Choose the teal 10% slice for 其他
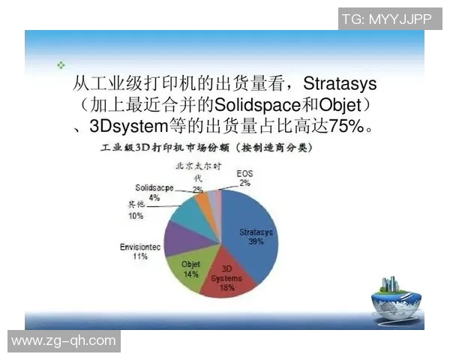point(187,211)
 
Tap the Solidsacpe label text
point(154,187)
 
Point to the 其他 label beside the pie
point(136,205)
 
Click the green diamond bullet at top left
point(61,66)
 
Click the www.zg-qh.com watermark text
point(64,341)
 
